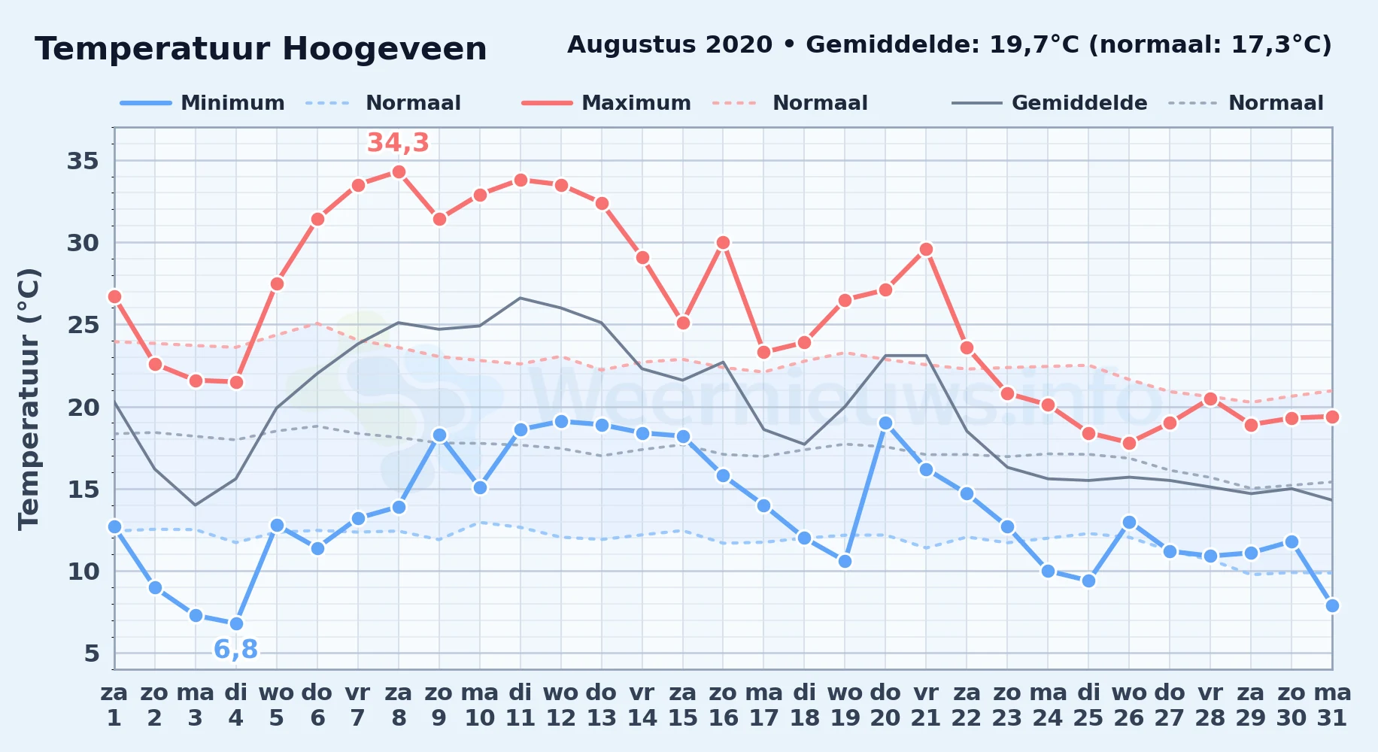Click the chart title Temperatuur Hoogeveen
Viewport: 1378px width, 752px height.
click(x=261, y=50)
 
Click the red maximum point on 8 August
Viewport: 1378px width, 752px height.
click(x=399, y=172)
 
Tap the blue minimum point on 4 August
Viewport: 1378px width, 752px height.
click(x=236, y=623)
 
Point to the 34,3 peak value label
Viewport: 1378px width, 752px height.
click(x=398, y=142)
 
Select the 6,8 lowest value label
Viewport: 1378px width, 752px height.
click(x=236, y=649)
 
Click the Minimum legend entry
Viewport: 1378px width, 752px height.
click(x=203, y=103)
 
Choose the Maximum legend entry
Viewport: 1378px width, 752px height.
click(x=607, y=103)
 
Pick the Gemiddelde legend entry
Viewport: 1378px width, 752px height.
click(x=1050, y=103)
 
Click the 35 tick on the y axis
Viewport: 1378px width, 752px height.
click(x=83, y=161)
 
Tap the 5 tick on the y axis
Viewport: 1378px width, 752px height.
click(x=92, y=653)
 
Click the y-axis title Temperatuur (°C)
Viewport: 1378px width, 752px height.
click(x=29, y=399)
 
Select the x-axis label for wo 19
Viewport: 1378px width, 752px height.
click(x=845, y=705)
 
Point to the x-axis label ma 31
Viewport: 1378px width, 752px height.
click(x=1332, y=705)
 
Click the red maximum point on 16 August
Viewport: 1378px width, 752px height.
click(x=723, y=243)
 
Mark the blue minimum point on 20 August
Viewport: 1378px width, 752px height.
click(x=885, y=423)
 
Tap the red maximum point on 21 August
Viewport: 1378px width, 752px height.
click(x=926, y=249)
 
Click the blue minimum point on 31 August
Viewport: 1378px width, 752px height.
click(x=1332, y=605)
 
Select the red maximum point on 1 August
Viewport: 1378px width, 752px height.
click(x=114, y=297)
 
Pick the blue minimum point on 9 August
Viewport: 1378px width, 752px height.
click(x=439, y=435)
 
